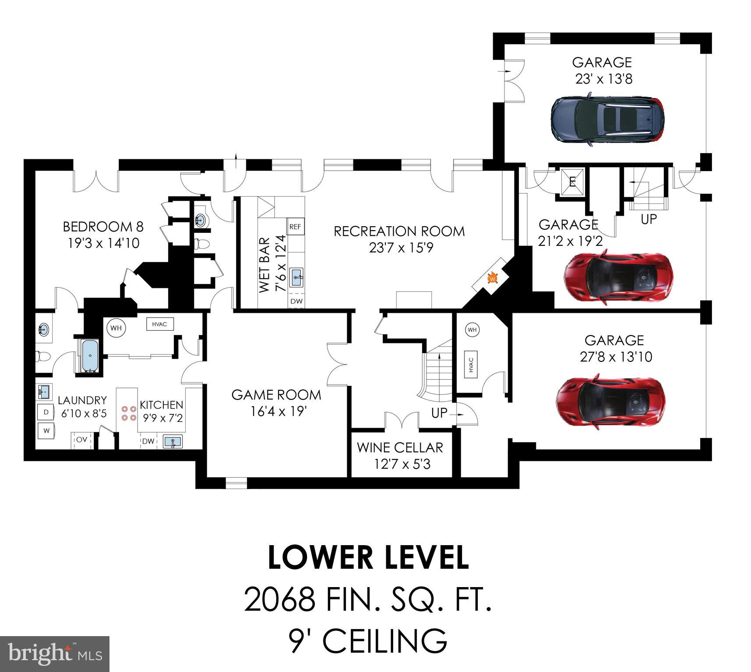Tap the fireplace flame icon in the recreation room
[492, 277]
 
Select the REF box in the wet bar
[295, 227]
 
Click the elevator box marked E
[572, 181]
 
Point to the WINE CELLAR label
[400, 448]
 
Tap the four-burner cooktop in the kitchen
[128, 413]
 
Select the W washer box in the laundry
[46, 431]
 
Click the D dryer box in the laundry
[46, 412]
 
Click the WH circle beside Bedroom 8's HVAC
[116, 328]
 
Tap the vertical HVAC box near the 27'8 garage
[471, 363]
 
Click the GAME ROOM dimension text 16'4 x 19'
[276, 411]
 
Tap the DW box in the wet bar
[296, 301]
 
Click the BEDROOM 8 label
[103, 227]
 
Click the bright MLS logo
[55, 654]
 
